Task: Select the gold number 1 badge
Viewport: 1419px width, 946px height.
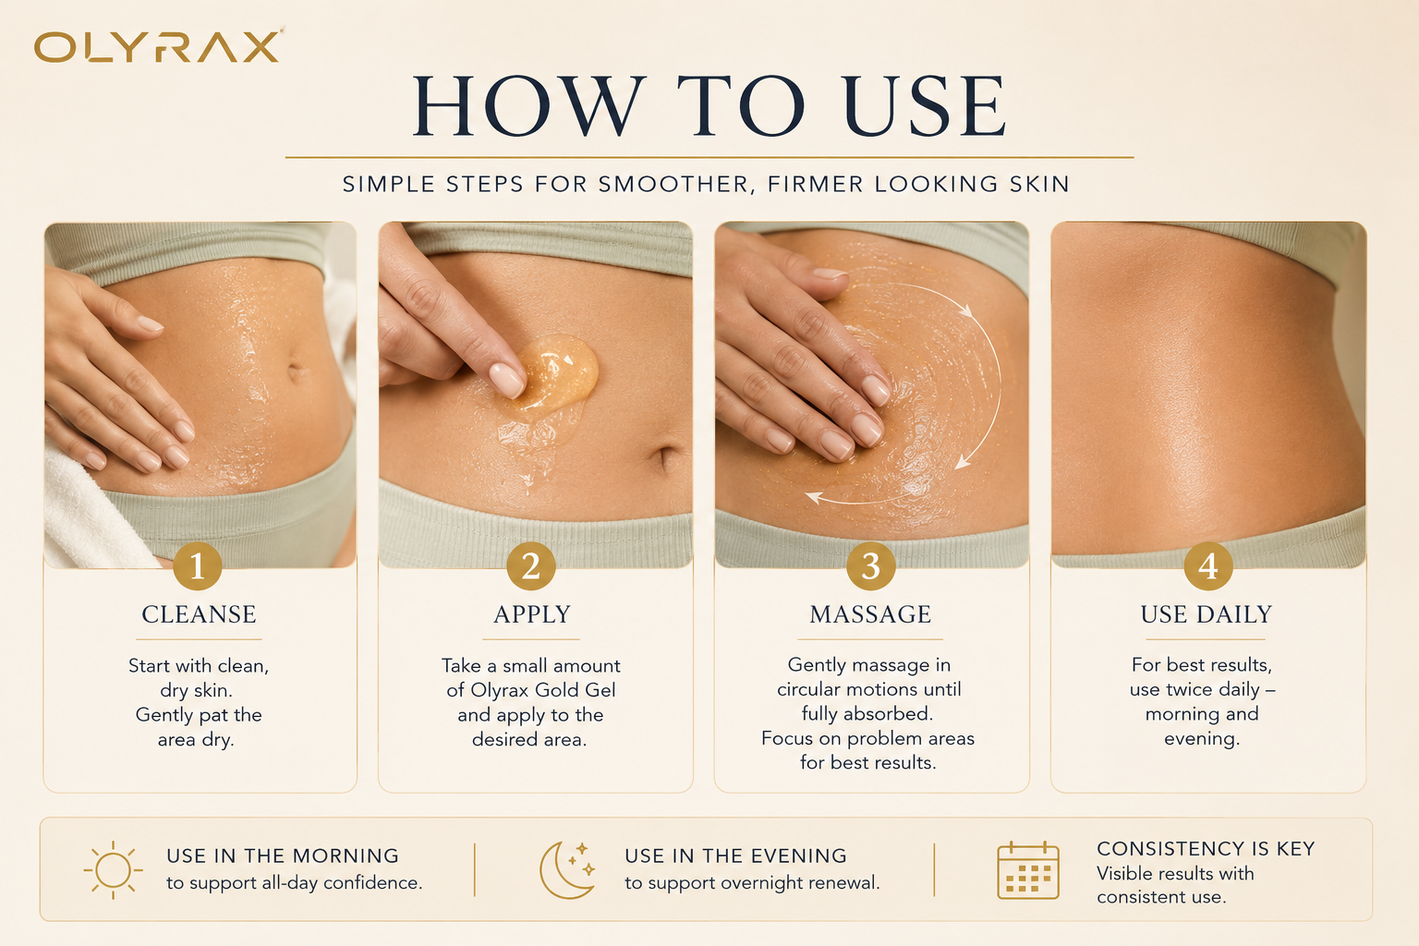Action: pyautogui.click(x=197, y=565)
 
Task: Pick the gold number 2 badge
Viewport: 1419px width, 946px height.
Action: pyautogui.click(x=531, y=565)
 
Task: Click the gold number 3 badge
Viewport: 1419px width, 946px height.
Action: pyautogui.click(x=871, y=565)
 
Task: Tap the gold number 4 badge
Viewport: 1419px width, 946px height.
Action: pyautogui.click(x=1208, y=565)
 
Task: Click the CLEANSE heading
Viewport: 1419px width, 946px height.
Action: pyautogui.click(x=199, y=614)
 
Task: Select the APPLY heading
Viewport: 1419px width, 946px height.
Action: pyautogui.click(x=532, y=614)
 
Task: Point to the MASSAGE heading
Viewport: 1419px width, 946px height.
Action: pyautogui.click(x=870, y=614)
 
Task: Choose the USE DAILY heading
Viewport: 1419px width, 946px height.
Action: pyautogui.click(x=1207, y=614)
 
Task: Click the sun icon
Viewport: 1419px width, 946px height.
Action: pyautogui.click(x=113, y=870)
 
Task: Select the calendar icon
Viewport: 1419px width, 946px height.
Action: pyautogui.click(x=1027, y=870)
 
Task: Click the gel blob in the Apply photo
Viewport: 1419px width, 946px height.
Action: pyautogui.click(x=552, y=374)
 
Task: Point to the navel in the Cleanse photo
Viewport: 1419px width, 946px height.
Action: pyautogui.click(x=296, y=370)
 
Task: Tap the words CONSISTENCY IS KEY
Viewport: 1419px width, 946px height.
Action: pyautogui.click(x=1207, y=848)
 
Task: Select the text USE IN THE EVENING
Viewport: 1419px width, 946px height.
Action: pyautogui.click(x=735, y=856)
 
